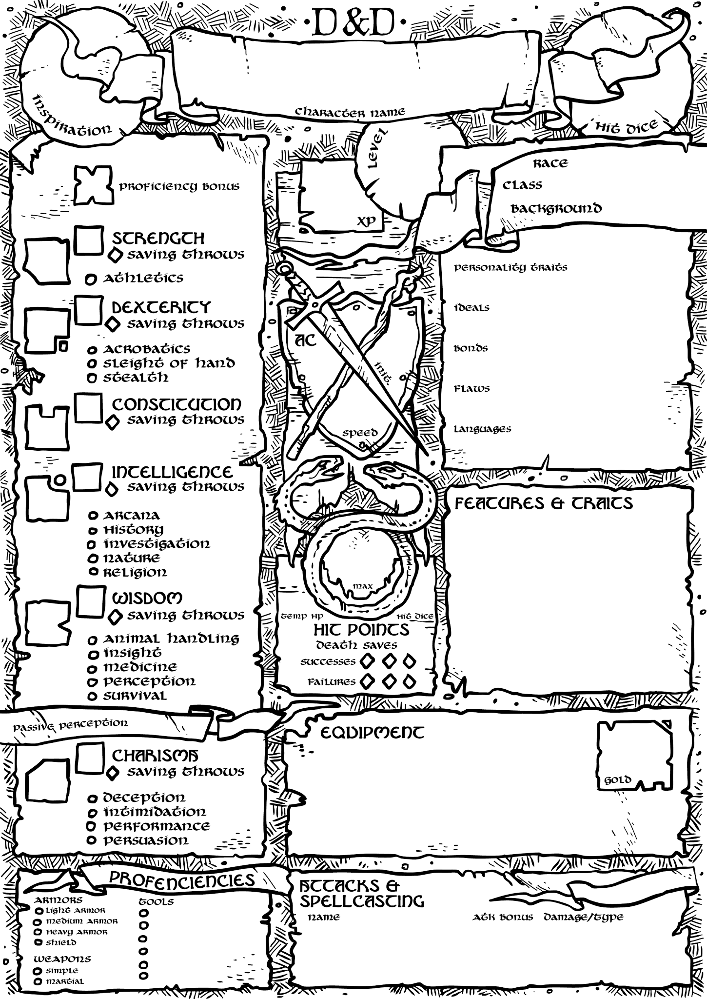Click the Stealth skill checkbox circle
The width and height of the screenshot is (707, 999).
(91, 378)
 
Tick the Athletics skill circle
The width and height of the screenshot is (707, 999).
(90, 280)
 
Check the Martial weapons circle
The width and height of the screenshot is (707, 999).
(38, 981)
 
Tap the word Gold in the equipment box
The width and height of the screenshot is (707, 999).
(617, 780)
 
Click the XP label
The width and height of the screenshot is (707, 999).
(367, 221)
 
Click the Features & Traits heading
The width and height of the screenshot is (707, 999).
(543, 503)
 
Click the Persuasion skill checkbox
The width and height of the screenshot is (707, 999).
(91, 840)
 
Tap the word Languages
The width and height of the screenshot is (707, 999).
(482, 429)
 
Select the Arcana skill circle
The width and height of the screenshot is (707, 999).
(92, 516)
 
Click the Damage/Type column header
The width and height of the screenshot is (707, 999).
(583, 917)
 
